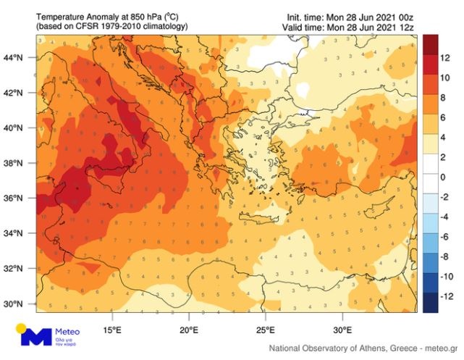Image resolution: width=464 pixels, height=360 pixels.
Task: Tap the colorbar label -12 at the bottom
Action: coord(449,296)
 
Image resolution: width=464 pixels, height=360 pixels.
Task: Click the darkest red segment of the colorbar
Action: coord(429,45)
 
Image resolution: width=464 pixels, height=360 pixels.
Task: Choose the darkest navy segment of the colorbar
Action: coord(429,305)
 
